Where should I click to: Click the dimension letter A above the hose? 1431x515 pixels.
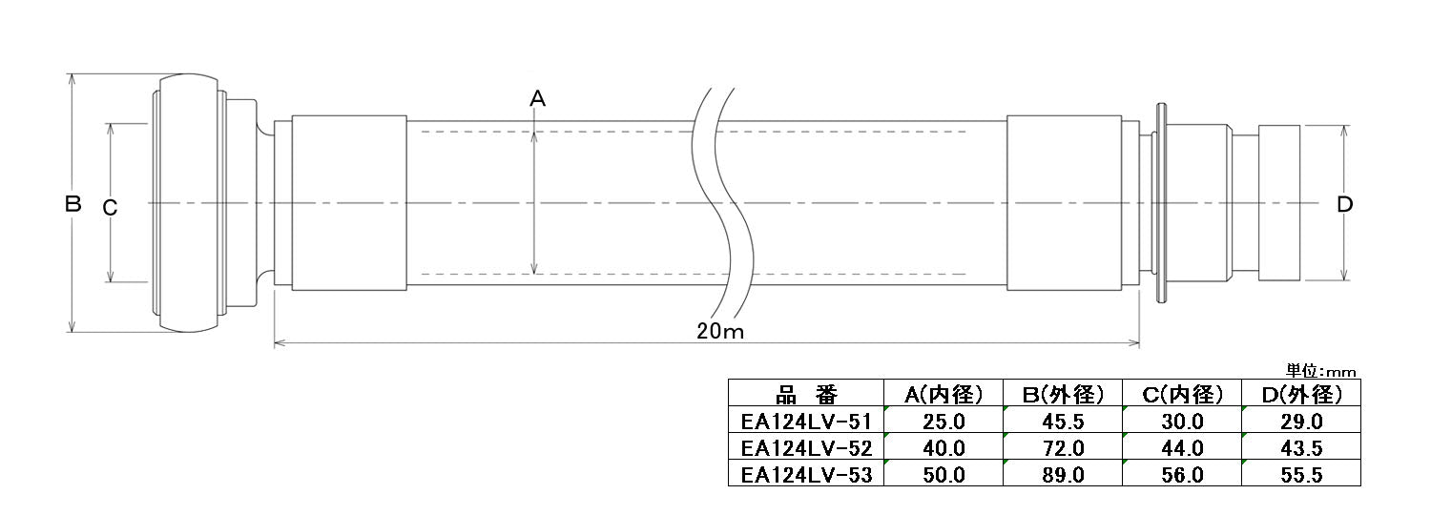pyautogui.click(x=537, y=97)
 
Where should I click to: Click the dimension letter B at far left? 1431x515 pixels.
pyautogui.click(x=73, y=203)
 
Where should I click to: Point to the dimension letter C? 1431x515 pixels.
pyautogui.click(x=110, y=207)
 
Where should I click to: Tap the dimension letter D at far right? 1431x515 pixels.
pyautogui.click(x=1345, y=204)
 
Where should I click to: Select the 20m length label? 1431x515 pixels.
pyautogui.click(x=719, y=331)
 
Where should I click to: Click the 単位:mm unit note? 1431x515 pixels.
pyautogui.click(x=1320, y=371)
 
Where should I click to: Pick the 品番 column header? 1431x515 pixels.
pyautogui.click(x=806, y=394)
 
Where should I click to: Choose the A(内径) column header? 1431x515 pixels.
pyautogui.click(x=944, y=394)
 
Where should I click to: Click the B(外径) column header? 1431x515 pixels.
pyautogui.click(x=1063, y=394)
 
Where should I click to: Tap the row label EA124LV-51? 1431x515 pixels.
pyautogui.click(x=806, y=421)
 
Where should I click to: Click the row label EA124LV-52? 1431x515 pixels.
pyautogui.click(x=806, y=447)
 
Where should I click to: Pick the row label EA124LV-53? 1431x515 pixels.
pyautogui.click(x=806, y=474)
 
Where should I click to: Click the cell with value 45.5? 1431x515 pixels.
pyautogui.click(x=1063, y=421)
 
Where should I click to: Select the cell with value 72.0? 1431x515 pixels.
pyautogui.click(x=1063, y=447)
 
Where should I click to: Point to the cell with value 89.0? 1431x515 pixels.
pyautogui.click(x=1063, y=474)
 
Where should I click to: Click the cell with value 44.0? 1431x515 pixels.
pyautogui.click(x=1183, y=447)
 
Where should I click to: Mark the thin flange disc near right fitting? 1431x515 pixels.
pyautogui.click(x=1162, y=203)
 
